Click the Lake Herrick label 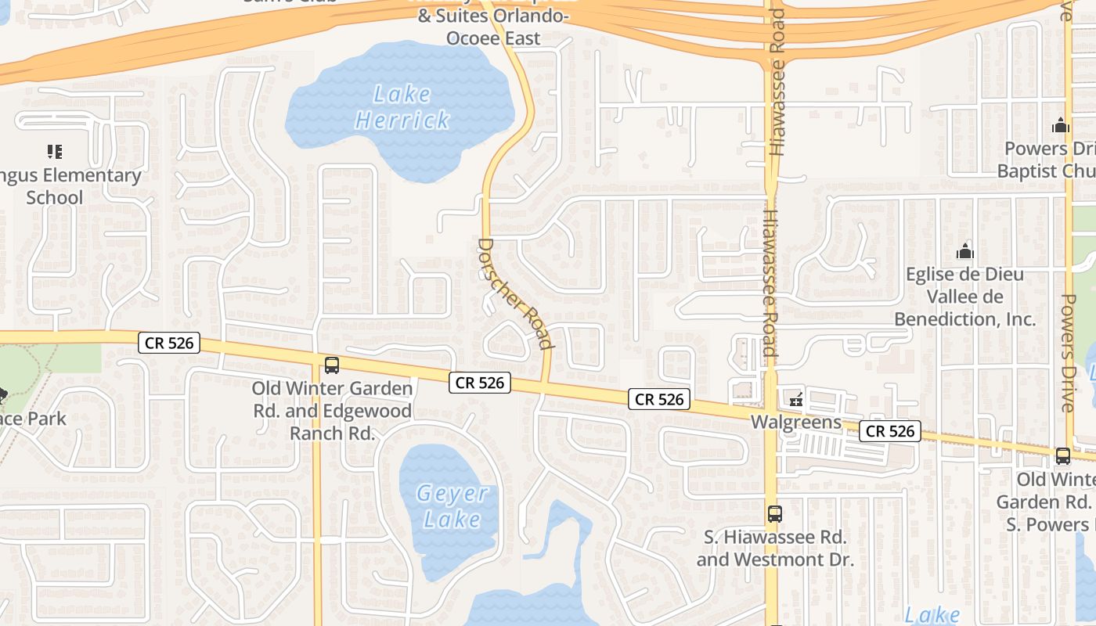[402, 107]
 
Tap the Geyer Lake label [452, 506]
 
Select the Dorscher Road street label [514, 293]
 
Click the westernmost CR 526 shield [169, 343]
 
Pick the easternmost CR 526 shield [889, 431]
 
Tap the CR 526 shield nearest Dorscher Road [480, 383]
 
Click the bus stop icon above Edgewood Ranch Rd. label [332, 365]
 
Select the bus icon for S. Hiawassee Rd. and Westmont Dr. [774, 514]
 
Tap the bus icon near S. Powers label [1062, 455]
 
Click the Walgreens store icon [796, 400]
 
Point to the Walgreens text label [795, 423]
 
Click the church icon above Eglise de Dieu [964, 251]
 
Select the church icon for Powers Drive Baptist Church [1061, 125]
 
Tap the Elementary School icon [54, 151]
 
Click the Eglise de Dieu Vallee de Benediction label [964, 297]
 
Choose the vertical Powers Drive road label [1068, 352]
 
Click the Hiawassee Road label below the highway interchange [770, 282]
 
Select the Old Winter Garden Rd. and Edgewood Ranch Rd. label [332, 411]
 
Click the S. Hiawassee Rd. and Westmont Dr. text [774, 549]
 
